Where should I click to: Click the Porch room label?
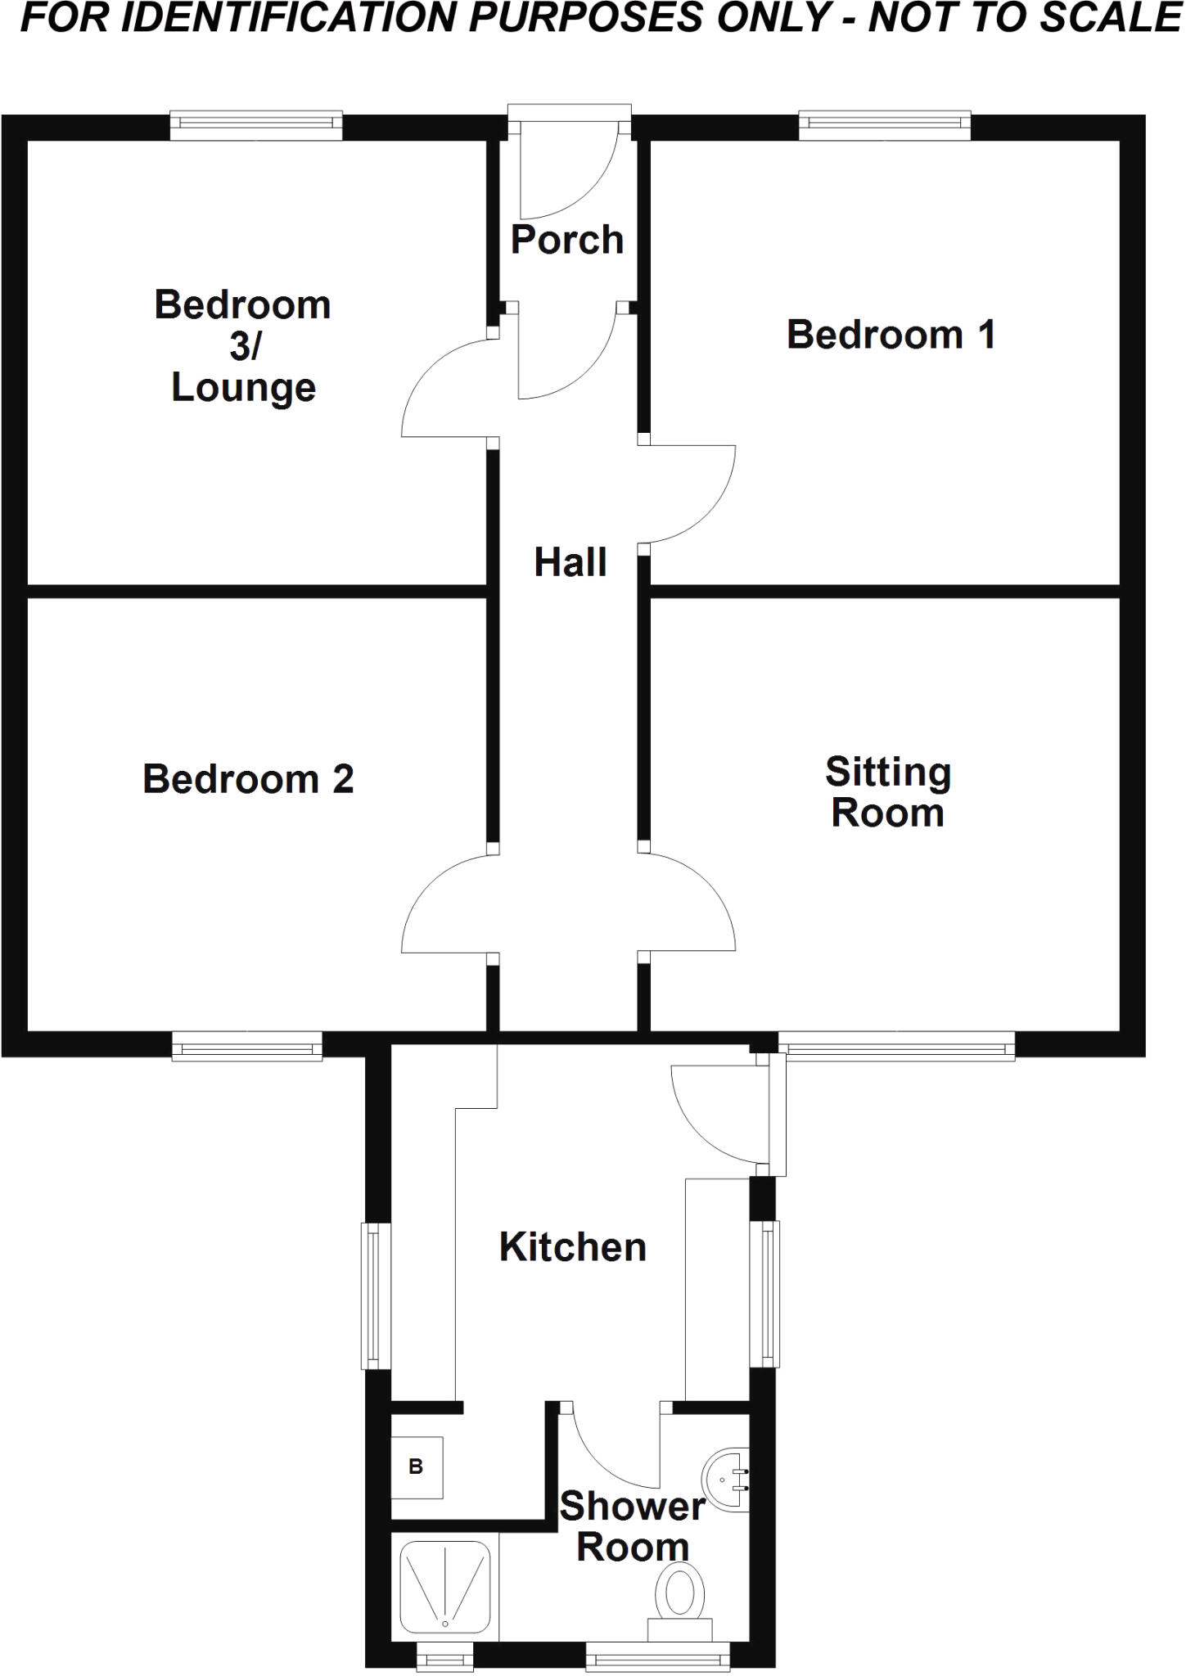[567, 240]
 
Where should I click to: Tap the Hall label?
[570, 563]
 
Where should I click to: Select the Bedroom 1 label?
[891, 335]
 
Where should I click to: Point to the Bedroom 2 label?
[248, 779]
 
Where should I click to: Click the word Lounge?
[243, 388]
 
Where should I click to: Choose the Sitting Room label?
[888, 792]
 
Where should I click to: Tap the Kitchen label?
[573, 1247]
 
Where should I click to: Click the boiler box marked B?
[417, 1466]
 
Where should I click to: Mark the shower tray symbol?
[445, 1588]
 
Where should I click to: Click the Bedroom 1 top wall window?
[884, 124]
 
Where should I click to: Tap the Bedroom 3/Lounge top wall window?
[256, 124]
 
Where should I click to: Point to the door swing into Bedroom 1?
[692, 495]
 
